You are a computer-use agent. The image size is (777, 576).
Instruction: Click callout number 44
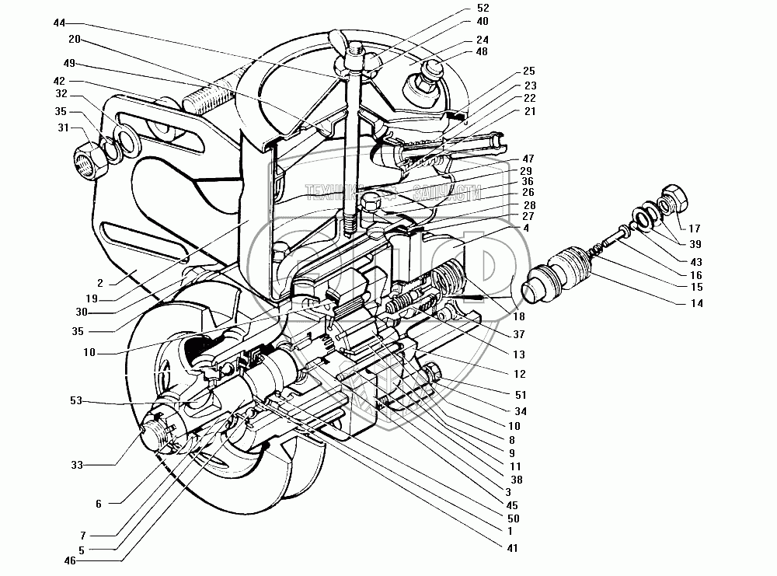(x=59, y=23)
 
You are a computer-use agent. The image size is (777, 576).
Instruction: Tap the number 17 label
(x=695, y=229)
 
